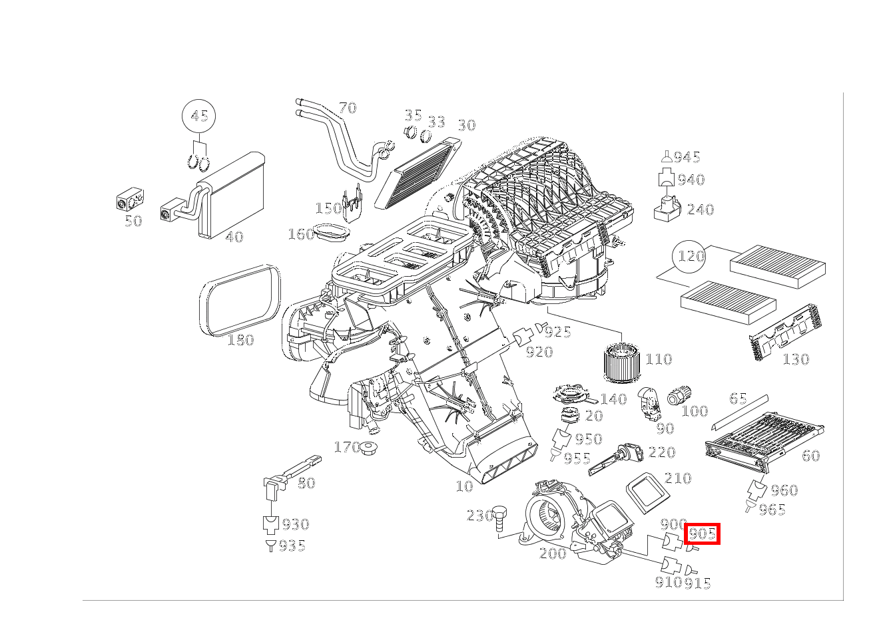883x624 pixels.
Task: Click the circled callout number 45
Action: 199,116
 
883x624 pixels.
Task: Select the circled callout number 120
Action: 691,256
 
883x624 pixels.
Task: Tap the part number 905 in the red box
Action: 703,533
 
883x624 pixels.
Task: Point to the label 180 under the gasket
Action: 240,340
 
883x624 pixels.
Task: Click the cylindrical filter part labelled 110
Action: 623,361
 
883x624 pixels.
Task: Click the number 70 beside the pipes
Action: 347,108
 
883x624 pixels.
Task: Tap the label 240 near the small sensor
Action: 700,210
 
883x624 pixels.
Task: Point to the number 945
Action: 687,158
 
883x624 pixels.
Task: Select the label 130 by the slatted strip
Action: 795,359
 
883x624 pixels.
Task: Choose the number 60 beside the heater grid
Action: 810,456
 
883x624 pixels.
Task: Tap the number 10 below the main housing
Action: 464,486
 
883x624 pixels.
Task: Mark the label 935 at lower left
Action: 292,546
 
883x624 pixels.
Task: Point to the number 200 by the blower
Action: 552,553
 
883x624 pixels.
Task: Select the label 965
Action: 772,510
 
